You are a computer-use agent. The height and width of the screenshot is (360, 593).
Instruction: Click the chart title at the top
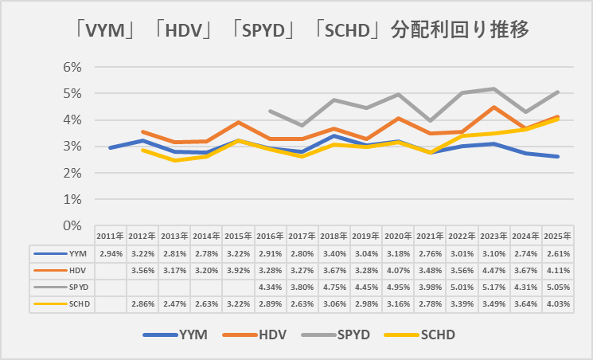296,30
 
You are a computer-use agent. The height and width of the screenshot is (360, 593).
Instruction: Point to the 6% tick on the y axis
72,67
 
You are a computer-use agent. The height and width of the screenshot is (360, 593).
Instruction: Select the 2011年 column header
111,236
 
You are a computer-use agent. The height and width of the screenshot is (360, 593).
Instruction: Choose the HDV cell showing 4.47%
494,270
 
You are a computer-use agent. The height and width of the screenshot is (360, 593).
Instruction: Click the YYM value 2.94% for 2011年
111,252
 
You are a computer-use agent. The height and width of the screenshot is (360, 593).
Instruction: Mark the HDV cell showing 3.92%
238,270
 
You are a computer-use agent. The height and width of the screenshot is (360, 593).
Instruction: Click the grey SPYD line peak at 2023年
494,88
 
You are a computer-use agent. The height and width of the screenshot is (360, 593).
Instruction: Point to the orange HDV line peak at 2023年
494,108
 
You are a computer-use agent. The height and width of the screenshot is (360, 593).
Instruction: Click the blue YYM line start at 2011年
111,148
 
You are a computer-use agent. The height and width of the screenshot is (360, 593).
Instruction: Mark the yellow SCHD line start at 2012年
142,150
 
